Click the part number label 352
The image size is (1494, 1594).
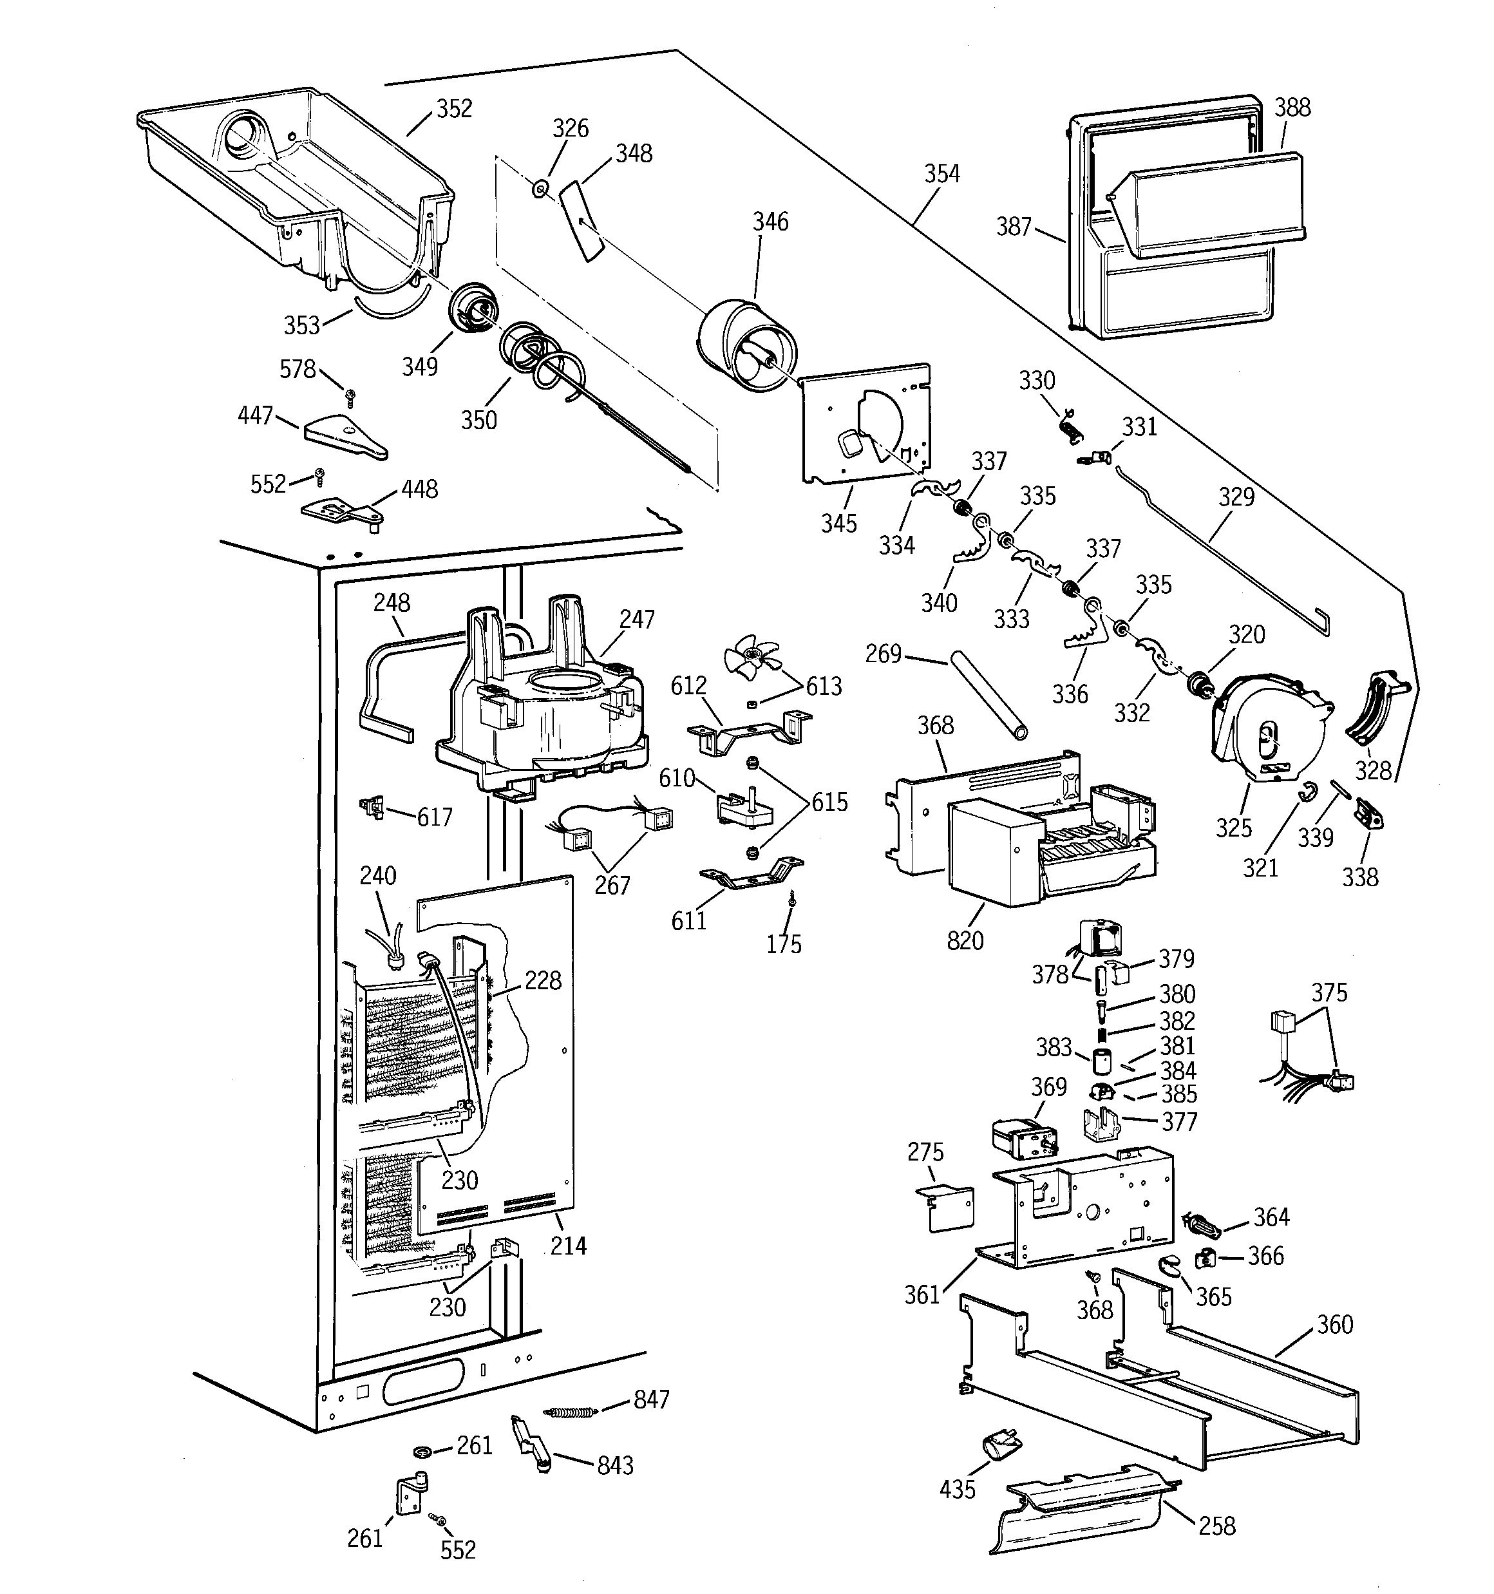454,109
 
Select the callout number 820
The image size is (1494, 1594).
965,940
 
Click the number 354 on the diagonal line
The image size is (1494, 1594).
941,174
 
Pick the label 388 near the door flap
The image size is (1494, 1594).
1292,108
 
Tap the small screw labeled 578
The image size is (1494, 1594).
350,395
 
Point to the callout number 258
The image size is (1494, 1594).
1216,1526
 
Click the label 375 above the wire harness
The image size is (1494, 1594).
1329,992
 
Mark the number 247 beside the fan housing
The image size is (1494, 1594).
636,619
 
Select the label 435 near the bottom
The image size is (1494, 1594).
957,1489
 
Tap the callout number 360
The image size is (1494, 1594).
1334,1325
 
